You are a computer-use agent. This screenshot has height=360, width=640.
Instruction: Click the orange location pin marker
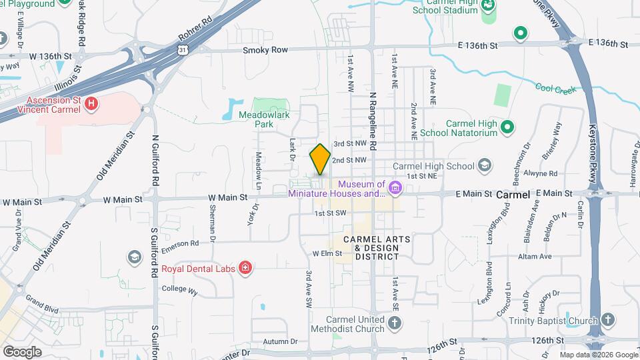(x=320, y=159)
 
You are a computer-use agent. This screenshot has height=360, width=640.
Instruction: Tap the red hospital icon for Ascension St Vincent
(x=92, y=104)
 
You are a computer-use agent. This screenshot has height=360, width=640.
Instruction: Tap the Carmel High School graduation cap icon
(x=485, y=165)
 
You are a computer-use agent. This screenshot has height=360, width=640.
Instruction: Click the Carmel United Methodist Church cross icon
(x=395, y=323)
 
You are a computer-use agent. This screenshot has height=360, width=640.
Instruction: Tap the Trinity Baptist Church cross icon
(x=607, y=321)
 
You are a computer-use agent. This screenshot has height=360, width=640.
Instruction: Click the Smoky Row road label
(x=265, y=50)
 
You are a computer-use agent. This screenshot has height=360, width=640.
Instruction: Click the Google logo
(x=22, y=351)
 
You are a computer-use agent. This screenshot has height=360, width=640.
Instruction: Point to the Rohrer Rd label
(x=195, y=29)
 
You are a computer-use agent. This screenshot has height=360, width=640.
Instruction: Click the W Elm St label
(x=327, y=253)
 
